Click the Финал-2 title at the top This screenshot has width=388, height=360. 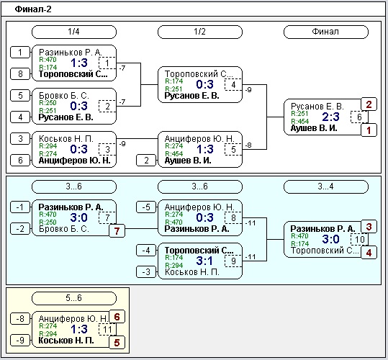pos(33,9)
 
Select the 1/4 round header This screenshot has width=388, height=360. pos(74,32)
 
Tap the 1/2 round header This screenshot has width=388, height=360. pos(200,32)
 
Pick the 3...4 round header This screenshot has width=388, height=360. pos(326,186)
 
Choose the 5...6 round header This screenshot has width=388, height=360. pos(74,298)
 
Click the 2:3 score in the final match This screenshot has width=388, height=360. pos(331,117)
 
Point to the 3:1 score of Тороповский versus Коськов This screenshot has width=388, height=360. pos(204,261)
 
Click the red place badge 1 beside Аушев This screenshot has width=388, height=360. pos(369,130)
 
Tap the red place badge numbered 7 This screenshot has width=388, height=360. pos(117,231)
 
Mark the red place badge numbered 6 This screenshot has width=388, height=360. pos(117,317)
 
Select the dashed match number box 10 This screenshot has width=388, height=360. pos(359,239)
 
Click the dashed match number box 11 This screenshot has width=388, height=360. pos(107,329)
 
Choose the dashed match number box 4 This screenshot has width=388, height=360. pos(233,85)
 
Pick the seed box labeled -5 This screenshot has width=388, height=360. pos(146,207)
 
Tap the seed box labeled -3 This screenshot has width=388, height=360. pos(146,271)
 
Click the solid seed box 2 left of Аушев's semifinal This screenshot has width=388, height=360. pos(146,161)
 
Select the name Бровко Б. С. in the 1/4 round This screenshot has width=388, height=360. pos(64,96)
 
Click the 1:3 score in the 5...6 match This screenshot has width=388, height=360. pos(79,329)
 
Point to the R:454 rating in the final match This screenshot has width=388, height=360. pos(300,121)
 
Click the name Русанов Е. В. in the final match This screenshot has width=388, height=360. pos(317,107)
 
